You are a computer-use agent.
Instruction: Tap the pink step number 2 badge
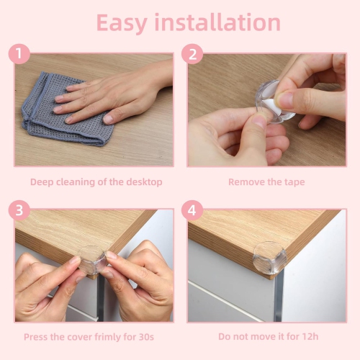tap(192, 54)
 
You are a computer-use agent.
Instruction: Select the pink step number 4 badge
tap(192, 211)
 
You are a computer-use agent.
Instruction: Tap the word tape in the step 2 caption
tap(294, 182)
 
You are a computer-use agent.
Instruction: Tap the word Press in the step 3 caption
tap(37, 337)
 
